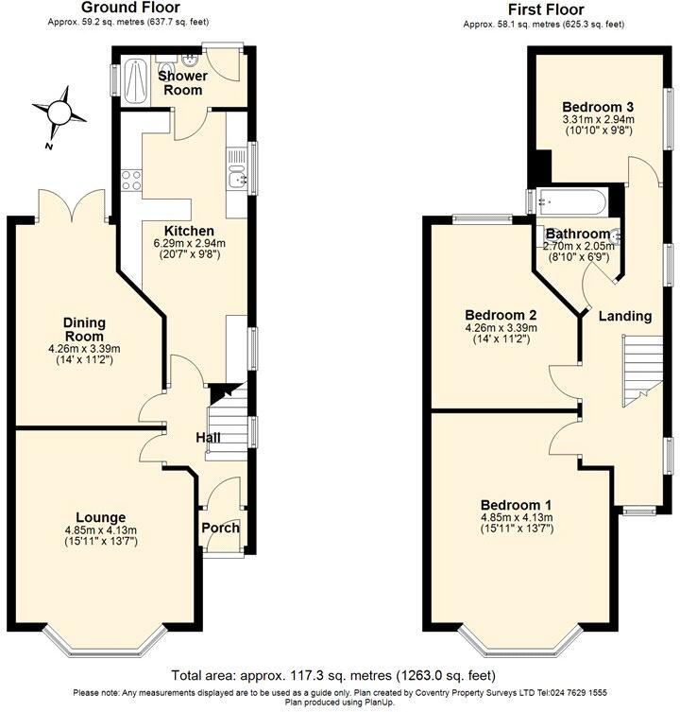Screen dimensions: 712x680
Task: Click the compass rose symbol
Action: pyautogui.click(x=58, y=113)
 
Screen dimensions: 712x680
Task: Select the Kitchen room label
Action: pyautogui.click(x=189, y=231)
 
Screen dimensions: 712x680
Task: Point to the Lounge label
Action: pyautogui.click(x=101, y=517)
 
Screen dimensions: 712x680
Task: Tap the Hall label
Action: pyautogui.click(x=209, y=438)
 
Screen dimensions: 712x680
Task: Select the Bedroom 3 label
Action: pyautogui.click(x=597, y=106)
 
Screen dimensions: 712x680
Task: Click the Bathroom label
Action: pyautogui.click(x=576, y=234)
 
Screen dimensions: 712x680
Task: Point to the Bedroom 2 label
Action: pyautogui.click(x=501, y=315)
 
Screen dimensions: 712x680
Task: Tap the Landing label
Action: pyautogui.click(x=625, y=316)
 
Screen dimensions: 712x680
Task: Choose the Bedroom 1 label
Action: pyautogui.click(x=516, y=504)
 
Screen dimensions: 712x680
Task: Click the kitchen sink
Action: pyautogui.click(x=236, y=175)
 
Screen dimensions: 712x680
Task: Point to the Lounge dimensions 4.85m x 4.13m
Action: pyautogui.click(x=101, y=530)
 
